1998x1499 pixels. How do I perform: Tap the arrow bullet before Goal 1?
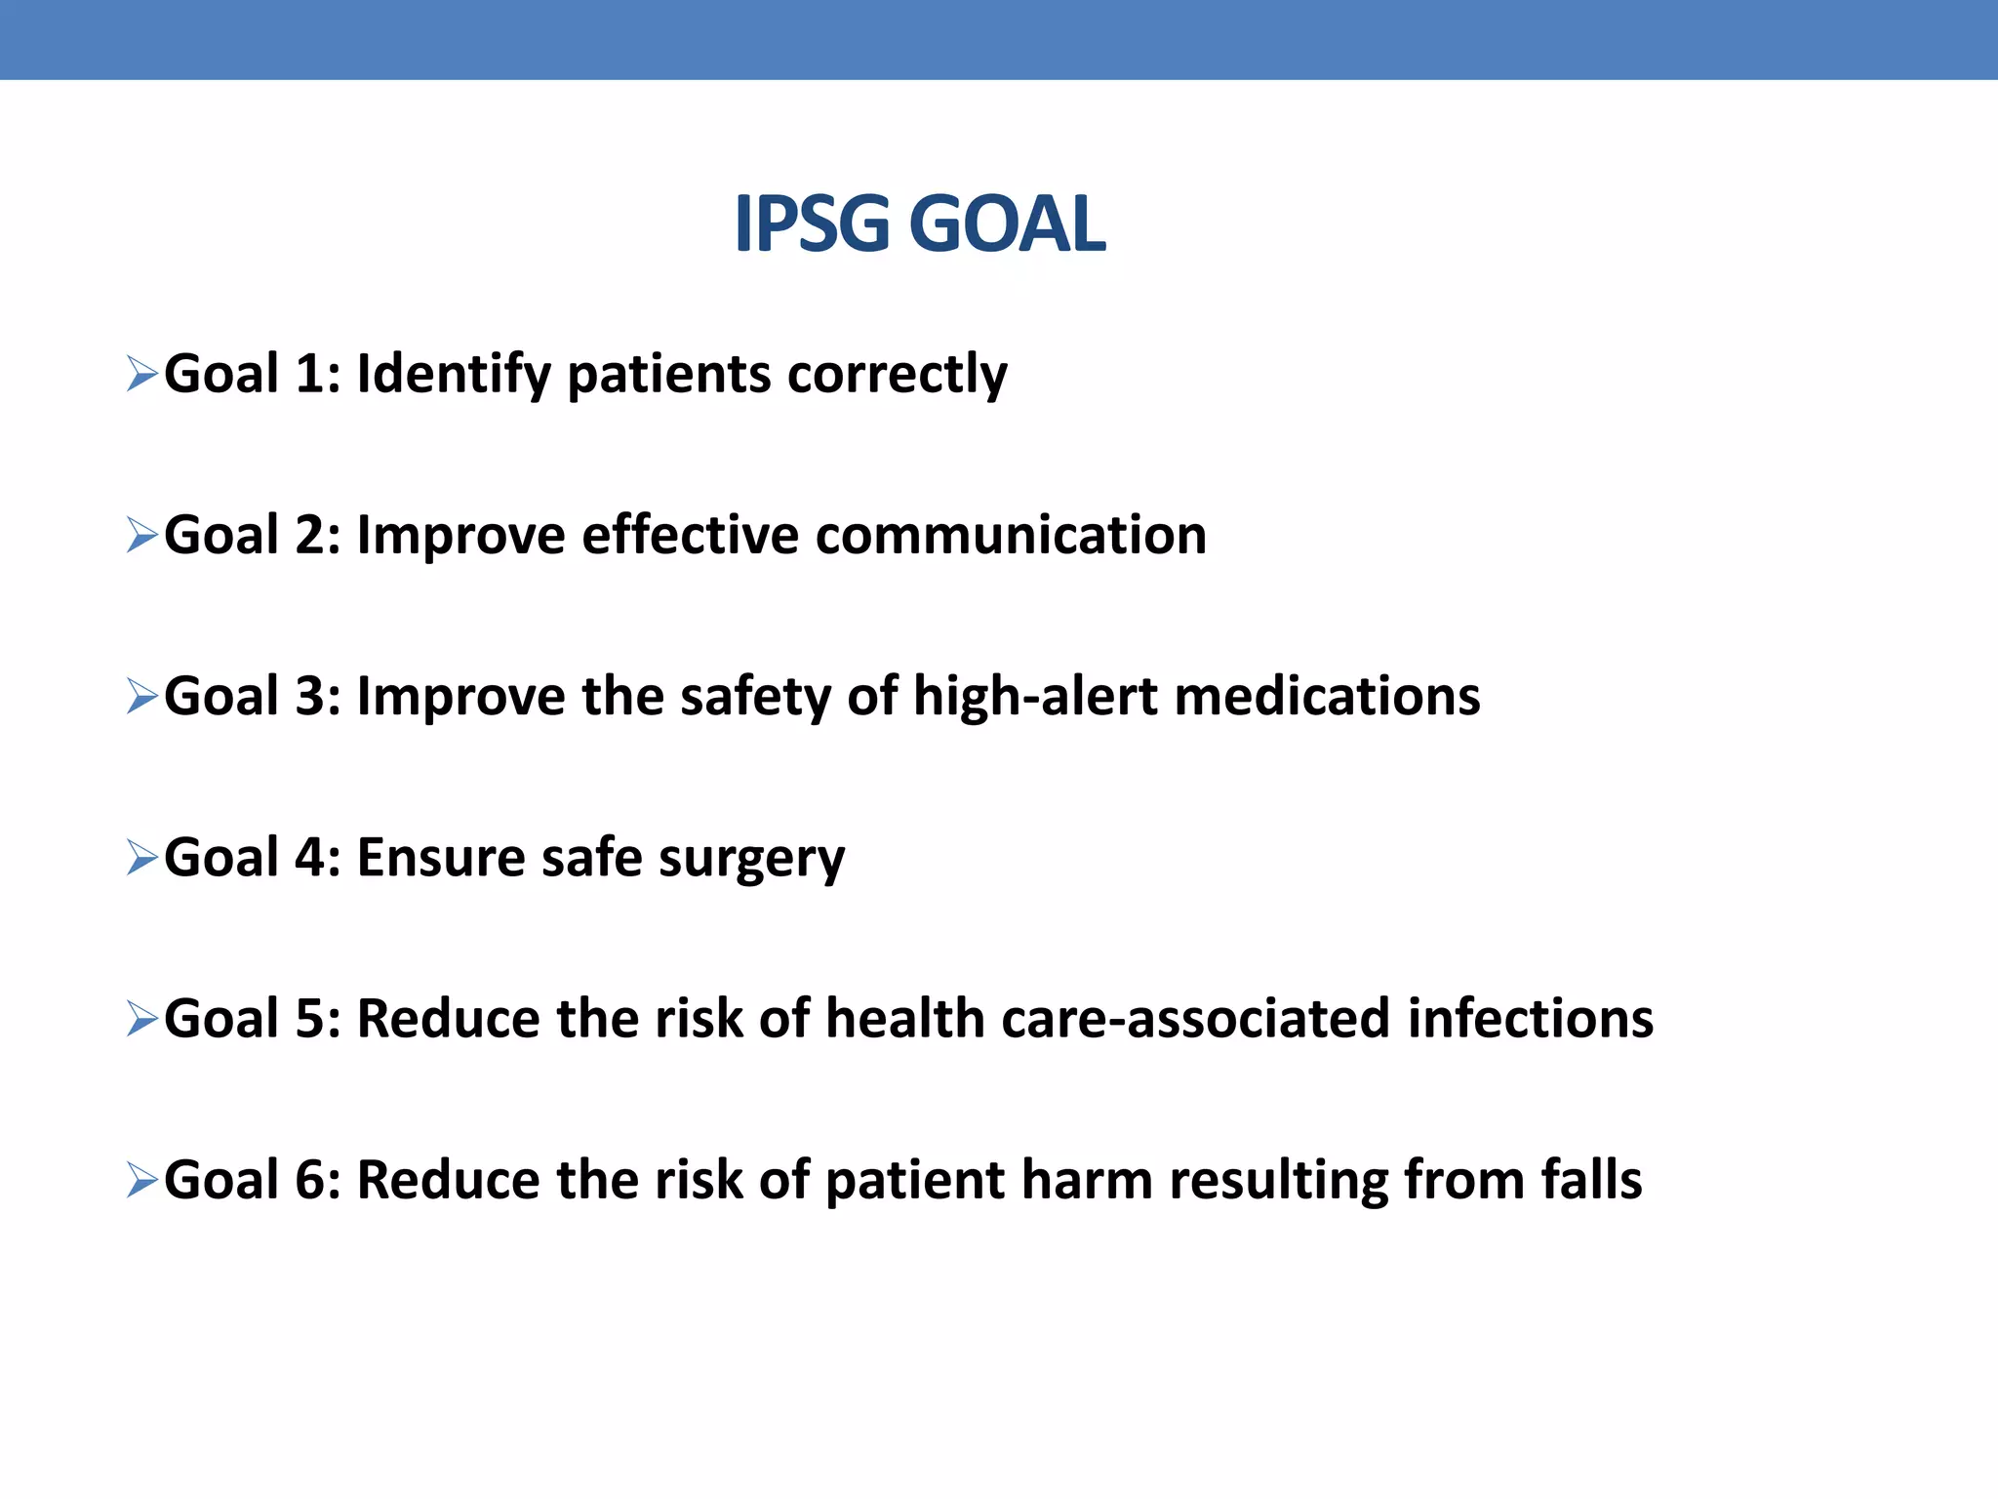(x=142, y=374)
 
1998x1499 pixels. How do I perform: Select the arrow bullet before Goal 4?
(x=142, y=858)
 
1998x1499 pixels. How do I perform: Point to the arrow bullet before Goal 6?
(x=142, y=1181)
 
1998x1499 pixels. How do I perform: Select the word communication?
(x=1011, y=536)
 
